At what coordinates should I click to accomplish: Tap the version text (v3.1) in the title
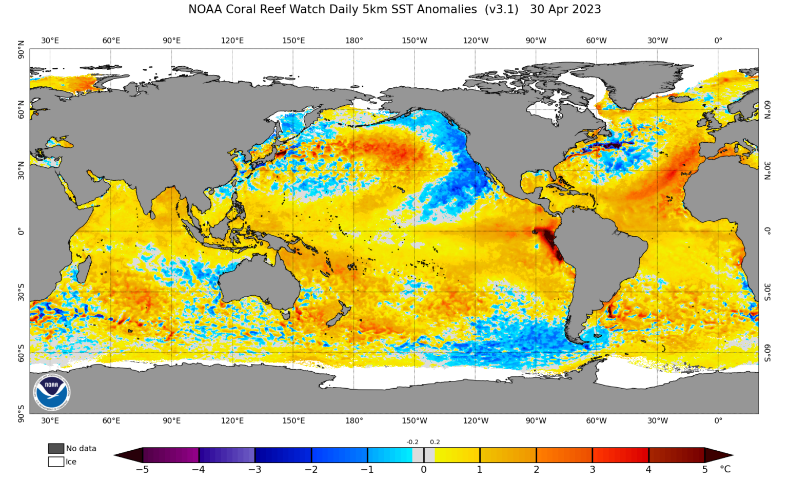coord(501,9)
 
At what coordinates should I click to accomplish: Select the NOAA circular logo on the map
coord(51,392)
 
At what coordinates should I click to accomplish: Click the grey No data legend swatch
coord(56,448)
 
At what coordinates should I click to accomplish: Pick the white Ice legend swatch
coord(56,462)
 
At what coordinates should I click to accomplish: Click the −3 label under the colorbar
coord(254,469)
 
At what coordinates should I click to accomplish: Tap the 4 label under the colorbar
coord(648,469)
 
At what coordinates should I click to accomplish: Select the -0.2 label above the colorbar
coord(412,442)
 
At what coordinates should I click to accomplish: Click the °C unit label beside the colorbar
coord(725,469)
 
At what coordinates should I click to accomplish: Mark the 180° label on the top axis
coord(354,41)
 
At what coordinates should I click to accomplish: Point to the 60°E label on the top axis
coord(111,41)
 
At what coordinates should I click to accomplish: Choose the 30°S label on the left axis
coord(21,292)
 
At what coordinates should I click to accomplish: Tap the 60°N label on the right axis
coord(767,109)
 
